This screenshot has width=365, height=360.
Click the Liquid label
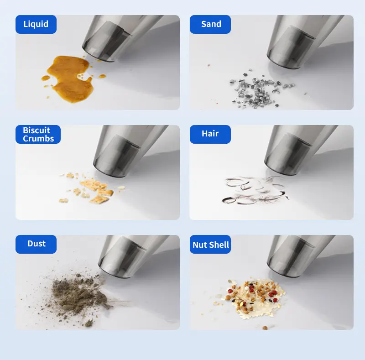click(36, 24)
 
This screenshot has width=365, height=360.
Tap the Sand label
click(210, 24)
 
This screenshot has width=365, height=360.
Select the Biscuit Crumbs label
click(38, 134)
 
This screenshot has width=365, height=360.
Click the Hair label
click(210, 134)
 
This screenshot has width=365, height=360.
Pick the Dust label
click(36, 244)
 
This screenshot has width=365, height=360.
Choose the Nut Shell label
click(210, 244)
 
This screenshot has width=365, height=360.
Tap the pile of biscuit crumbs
click(92, 188)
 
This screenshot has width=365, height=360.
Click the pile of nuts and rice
click(255, 298)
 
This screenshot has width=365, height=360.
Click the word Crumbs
click(38, 139)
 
